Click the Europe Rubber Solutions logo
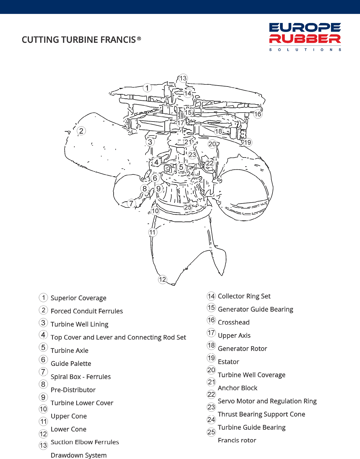point(305,37)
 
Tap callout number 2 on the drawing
point(81,131)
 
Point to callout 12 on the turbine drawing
point(162,279)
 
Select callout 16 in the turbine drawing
point(258,114)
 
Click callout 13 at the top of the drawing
point(183,78)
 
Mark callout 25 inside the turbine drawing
point(188,207)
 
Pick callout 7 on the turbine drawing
point(131,203)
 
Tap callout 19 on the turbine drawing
point(247,142)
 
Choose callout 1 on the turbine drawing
point(147,88)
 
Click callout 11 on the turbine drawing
point(152,232)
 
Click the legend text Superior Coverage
point(78,298)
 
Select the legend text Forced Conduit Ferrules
point(87,311)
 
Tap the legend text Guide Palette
point(71,363)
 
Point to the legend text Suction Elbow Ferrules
point(85,442)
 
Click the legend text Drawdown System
point(79,455)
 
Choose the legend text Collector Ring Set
point(244,296)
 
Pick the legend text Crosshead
point(234,322)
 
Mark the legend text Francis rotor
point(237,440)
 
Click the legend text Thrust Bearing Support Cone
point(261,414)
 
